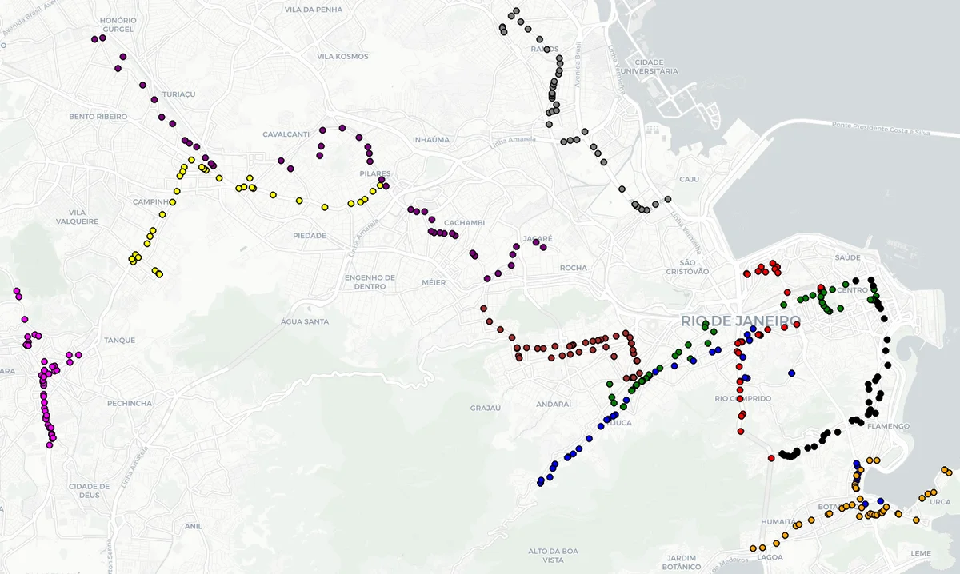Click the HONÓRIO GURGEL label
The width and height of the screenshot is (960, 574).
pos(118,25)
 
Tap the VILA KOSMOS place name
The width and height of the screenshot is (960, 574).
pos(342,57)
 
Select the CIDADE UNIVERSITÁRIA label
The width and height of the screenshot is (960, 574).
pos(655,66)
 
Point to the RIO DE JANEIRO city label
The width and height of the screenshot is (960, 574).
pos(741,321)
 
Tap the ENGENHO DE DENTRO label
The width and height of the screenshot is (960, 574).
pos(370,281)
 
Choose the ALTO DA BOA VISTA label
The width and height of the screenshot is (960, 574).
pos(553,556)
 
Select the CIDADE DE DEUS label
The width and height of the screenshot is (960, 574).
pos(89,490)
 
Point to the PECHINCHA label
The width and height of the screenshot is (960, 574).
pos(129,403)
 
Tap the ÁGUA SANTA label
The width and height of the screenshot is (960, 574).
pos(305,321)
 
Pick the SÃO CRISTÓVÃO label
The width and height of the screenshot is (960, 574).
pos(694,267)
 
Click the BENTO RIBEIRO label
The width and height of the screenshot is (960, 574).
pos(98,117)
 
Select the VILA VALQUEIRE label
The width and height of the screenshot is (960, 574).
pos(78,217)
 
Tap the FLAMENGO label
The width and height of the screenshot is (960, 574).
pos(888,426)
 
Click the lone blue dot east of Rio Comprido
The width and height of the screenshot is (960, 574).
pos(791,373)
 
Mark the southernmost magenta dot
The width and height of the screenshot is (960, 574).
pos(50,444)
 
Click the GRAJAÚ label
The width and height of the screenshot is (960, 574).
pos(485,408)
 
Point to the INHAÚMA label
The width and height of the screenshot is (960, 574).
pos(430,140)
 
